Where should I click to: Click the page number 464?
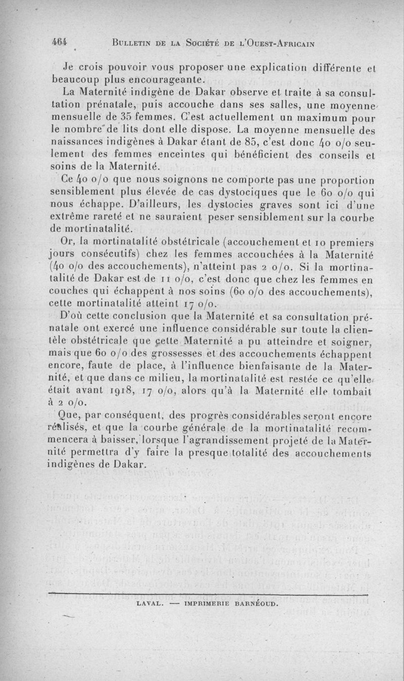click(x=60, y=42)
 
